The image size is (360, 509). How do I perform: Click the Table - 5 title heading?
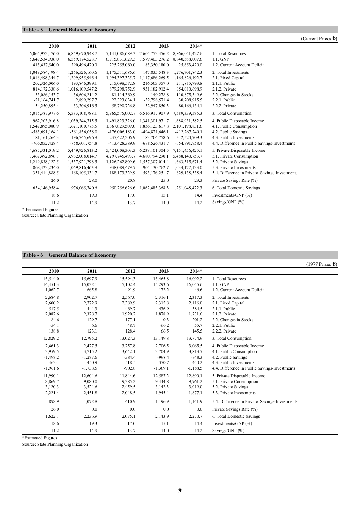[69, 30]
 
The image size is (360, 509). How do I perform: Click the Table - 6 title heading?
[69, 255]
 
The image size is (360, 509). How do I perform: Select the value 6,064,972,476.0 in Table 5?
[44, 53]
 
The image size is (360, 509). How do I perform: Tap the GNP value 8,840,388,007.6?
[188, 59]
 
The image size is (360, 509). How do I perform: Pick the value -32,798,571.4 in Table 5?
[154, 100]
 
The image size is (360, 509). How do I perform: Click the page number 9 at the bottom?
[180, 490]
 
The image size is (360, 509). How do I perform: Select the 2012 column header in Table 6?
[130, 271]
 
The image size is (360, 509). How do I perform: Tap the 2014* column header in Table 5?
[196, 46]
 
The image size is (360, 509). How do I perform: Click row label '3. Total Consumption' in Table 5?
[232, 113]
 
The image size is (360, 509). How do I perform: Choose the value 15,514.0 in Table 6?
[51, 279]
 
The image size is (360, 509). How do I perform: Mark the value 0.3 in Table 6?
[166, 320]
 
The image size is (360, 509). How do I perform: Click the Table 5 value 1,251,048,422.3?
[188, 188]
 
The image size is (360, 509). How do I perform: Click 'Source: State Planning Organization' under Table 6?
[55, 444]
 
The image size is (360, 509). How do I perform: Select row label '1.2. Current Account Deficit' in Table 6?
[238, 290]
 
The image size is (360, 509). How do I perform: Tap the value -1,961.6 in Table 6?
[52, 368]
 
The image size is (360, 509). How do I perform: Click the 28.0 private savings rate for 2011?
[93, 180]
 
